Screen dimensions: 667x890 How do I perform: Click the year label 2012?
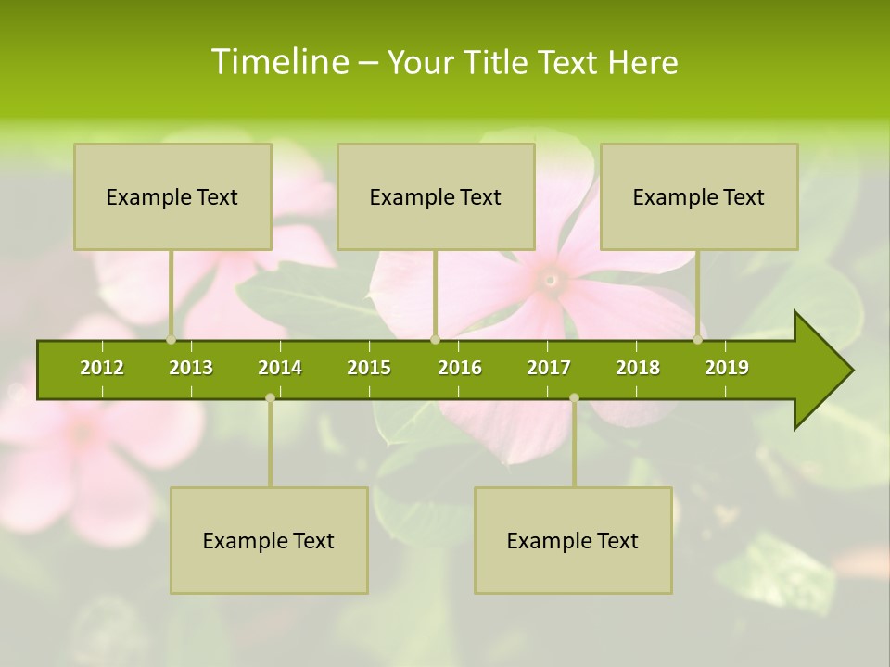pos(102,368)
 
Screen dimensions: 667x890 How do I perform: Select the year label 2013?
pos(191,368)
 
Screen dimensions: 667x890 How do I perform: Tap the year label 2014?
pos(280,368)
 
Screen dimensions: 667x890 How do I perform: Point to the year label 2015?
pos(369,368)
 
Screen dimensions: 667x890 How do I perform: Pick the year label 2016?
pos(460,368)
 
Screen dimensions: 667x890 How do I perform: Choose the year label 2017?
pos(549,368)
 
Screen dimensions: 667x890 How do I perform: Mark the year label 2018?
pos(638,368)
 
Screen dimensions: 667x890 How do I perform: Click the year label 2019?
pos(727,368)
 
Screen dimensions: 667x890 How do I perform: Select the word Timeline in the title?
pos(277,62)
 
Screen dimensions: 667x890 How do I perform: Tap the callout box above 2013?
pos(172,196)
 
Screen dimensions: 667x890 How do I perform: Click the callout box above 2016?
pos(436,196)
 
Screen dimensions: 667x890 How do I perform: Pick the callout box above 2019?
pos(699,196)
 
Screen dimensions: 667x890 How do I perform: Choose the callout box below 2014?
pos(269,540)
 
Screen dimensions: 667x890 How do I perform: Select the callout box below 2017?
pos(573,540)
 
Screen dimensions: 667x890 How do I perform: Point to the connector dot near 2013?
pos(171,340)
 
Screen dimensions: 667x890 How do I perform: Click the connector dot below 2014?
pos(270,398)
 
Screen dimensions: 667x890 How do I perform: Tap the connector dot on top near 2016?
pos(435,340)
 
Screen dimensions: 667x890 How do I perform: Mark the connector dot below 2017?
pos(574,398)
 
